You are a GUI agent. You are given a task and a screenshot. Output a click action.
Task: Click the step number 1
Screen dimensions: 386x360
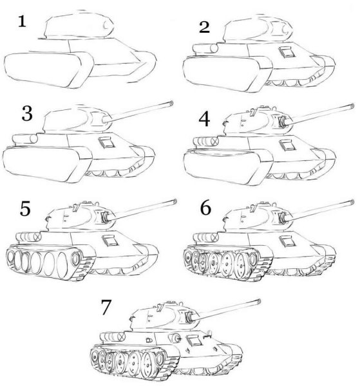(x=23, y=23)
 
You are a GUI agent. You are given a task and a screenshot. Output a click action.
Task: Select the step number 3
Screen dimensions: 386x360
(x=26, y=114)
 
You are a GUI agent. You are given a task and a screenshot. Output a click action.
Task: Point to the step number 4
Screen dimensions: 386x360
(x=205, y=119)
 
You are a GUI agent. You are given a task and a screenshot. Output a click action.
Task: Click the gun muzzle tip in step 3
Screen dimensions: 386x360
(x=173, y=102)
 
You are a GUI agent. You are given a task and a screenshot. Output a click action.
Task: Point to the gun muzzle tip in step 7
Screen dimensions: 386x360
(x=258, y=300)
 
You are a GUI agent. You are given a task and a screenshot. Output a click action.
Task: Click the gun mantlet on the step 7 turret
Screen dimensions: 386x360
(x=189, y=317)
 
